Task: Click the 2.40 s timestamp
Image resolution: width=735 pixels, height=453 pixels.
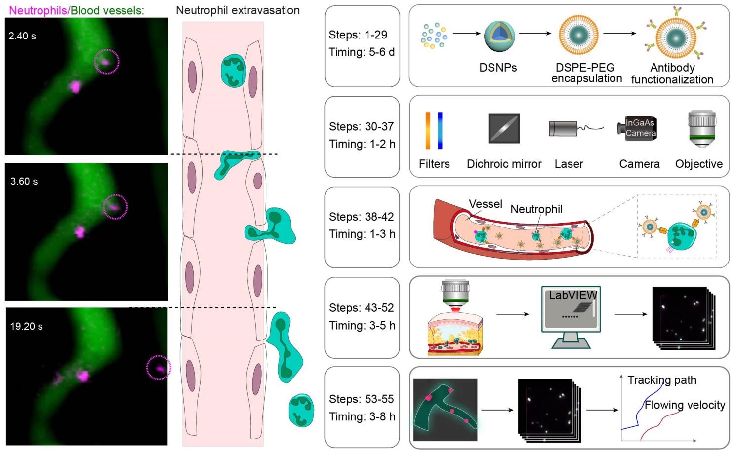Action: click(x=22, y=36)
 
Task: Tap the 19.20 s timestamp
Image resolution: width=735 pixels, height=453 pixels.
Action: click(x=26, y=327)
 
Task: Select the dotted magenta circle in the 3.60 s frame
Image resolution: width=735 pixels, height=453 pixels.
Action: click(x=115, y=207)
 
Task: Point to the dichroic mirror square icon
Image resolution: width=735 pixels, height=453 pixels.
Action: click(x=504, y=128)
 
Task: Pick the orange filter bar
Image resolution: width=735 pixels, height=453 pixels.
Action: click(x=428, y=130)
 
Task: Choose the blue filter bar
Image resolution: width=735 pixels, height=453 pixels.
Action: click(x=440, y=130)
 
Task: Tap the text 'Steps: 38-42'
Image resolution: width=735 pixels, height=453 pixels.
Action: click(x=361, y=217)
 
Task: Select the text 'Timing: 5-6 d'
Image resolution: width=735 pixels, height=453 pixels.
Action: click(x=362, y=52)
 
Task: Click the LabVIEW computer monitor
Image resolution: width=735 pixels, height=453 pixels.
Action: click(x=571, y=311)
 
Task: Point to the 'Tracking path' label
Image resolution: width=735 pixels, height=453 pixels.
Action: click(x=662, y=380)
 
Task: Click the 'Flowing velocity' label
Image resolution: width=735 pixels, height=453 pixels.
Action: click(x=685, y=405)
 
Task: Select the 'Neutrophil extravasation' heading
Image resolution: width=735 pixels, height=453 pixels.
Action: click(x=238, y=10)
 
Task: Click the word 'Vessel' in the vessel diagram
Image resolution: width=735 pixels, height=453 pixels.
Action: click(x=485, y=204)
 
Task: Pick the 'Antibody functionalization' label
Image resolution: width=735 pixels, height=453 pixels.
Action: click(x=672, y=74)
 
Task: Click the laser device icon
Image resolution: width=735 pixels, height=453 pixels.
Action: click(x=564, y=129)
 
